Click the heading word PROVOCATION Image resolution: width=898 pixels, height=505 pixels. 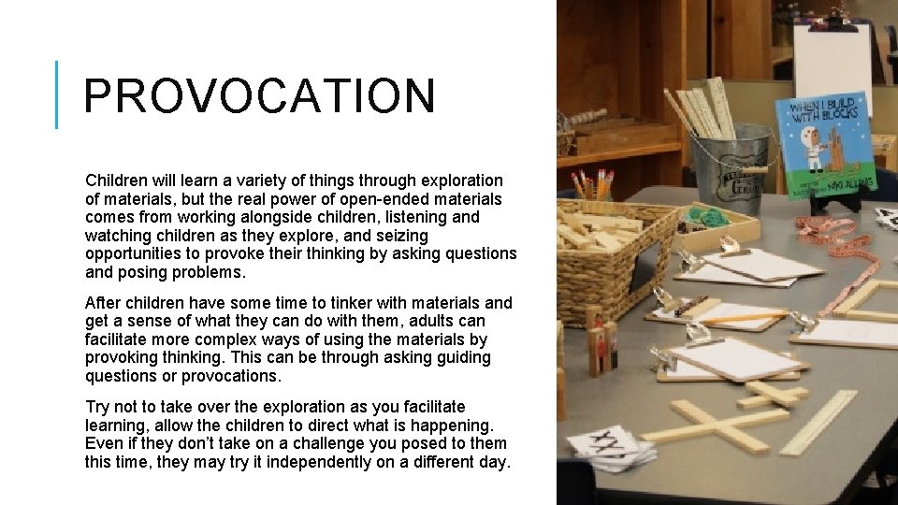259,96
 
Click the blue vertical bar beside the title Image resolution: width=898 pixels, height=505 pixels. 57,94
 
